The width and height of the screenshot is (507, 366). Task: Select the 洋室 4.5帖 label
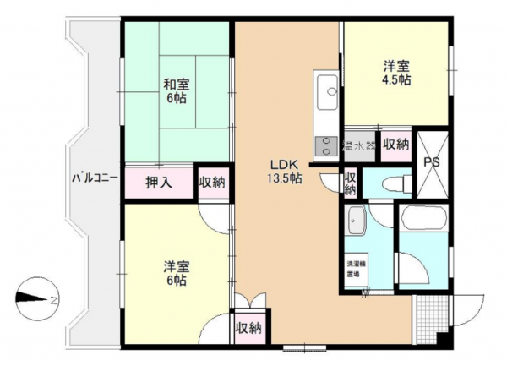[396, 72]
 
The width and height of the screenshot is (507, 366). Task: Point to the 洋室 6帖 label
[177, 273]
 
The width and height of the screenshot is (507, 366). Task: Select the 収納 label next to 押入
[212, 182]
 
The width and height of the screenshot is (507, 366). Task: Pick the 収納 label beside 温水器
[395, 145]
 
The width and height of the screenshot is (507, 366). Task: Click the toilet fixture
[392, 183]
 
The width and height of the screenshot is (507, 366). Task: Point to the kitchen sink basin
[327, 87]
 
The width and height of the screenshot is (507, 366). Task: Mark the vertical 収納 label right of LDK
[351, 182]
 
